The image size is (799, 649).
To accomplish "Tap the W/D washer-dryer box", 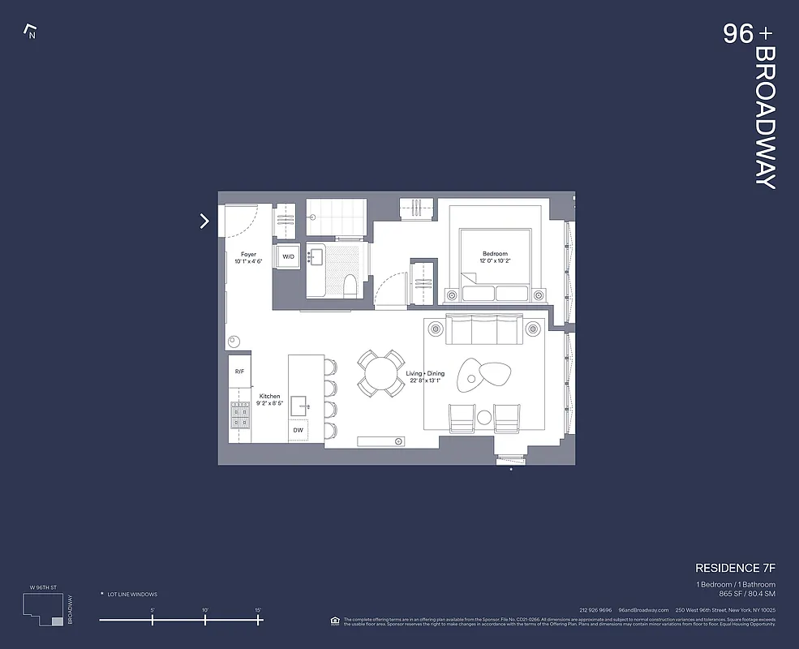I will pos(288,256).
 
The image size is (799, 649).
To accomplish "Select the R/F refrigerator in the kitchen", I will pos(239,372).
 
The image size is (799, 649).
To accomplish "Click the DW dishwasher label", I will pos(298,430).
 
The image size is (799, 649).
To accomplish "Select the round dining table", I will pos(381,373).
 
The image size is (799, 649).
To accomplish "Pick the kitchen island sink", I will pos(299,405).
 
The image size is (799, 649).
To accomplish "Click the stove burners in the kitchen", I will pos(239,415).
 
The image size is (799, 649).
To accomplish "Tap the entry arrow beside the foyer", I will pos(204,221).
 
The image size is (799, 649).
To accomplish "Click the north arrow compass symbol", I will pos(31,32).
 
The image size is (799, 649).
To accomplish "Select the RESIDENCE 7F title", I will pos(735,568).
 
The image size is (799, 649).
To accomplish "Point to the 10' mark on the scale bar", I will pos(205,620).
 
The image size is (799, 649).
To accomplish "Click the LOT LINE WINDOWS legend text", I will pos(132,595).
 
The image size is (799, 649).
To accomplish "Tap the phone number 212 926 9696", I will pos(595,610).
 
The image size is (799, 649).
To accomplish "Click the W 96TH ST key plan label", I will pos(43,587).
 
